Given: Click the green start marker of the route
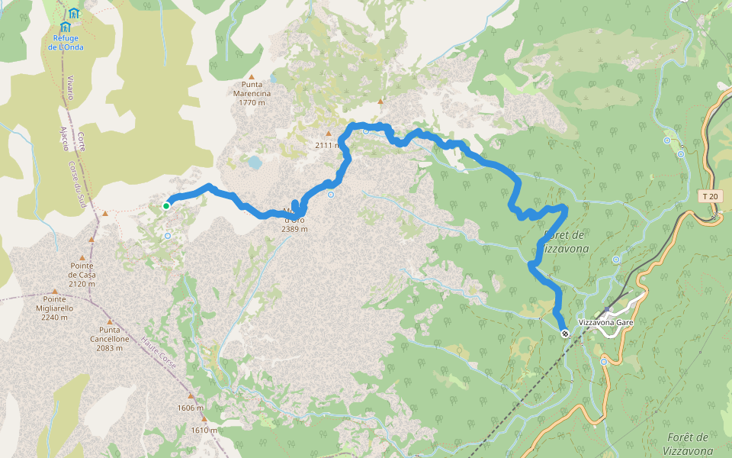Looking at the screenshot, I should [x=166, y=205].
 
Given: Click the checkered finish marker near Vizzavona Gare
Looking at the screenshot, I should [x=565, y=333].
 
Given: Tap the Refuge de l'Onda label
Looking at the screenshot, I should [x=66, y=42].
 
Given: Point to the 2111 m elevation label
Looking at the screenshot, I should [x=326, y=144].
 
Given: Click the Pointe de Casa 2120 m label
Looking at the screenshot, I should [x=82, y=275].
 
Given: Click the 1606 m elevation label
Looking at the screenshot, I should [x=191, y=408].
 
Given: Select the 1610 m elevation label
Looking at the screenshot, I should [x=204, y=430].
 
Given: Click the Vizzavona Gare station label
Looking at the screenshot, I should [x=606, y=323].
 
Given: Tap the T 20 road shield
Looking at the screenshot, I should [x=709, y=196].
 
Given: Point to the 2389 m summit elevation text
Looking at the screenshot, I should [x=294, y=229].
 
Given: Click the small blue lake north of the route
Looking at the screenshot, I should [x=254, y=162].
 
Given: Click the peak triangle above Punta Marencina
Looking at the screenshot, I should [x=251, y=76].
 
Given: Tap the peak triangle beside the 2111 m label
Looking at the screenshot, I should [x=329, y=133].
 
